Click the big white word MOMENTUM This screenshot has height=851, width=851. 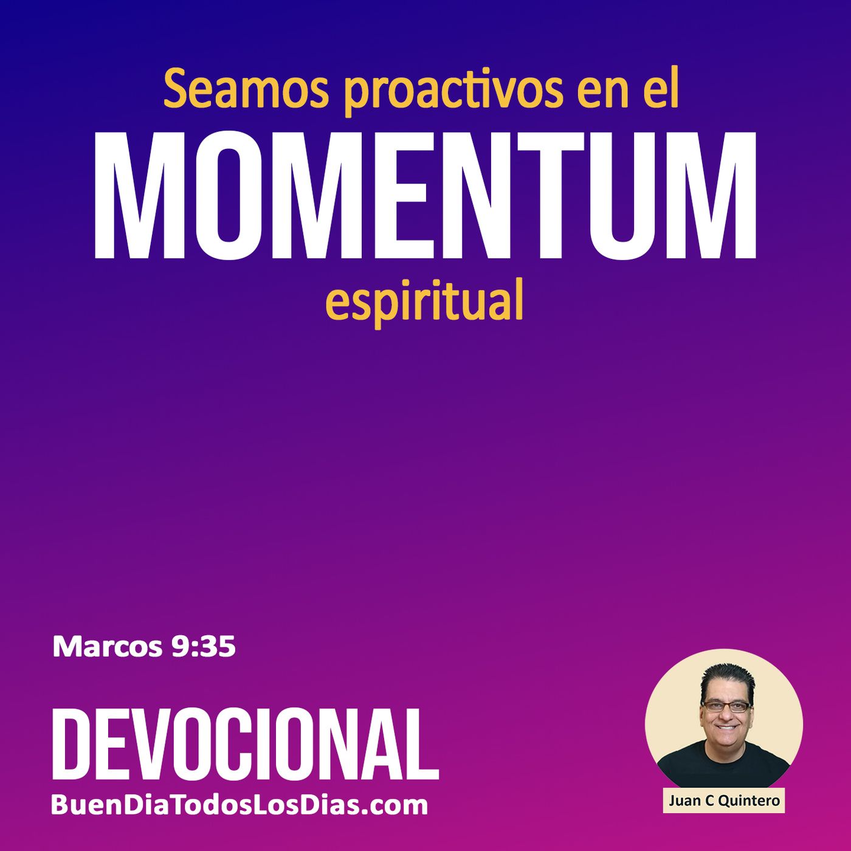[x=425, y=196]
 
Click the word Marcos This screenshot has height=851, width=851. [x=108, y=647]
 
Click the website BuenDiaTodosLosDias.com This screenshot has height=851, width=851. [x=239, y=805]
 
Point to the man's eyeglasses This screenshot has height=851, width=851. [x=725, y=706]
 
